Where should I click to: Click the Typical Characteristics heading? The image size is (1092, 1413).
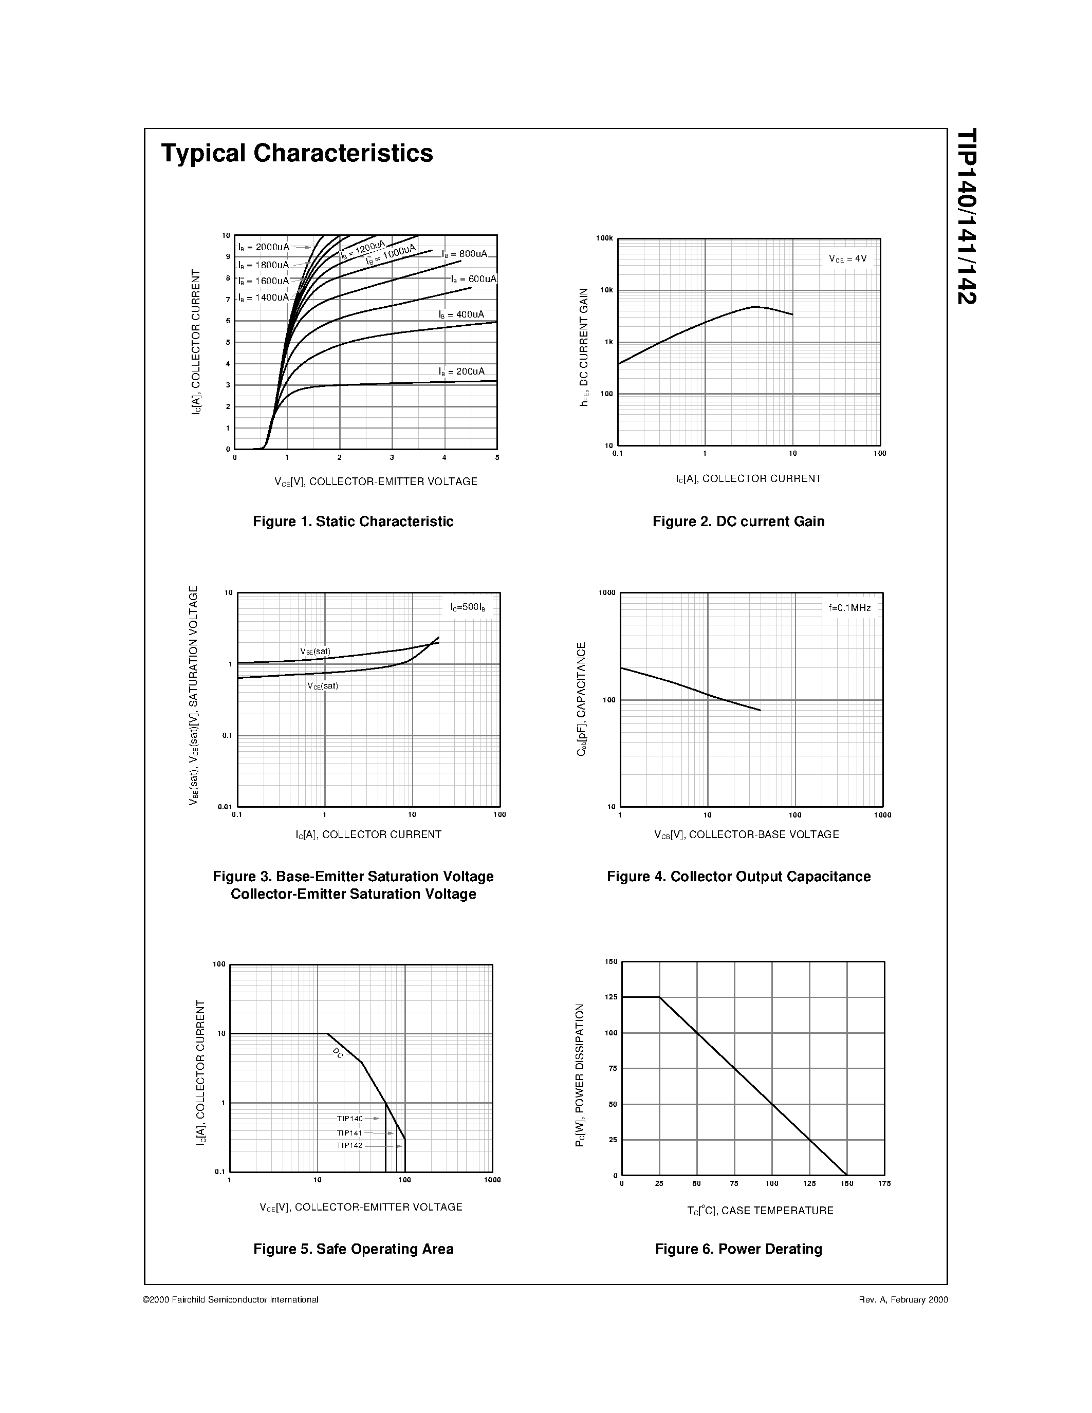[297, 153]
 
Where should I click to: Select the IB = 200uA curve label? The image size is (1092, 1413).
[461, 371]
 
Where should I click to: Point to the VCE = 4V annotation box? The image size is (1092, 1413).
[847, 259]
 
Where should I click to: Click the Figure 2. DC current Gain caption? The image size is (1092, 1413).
[738, 522]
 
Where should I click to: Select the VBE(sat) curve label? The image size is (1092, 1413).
[315, 651]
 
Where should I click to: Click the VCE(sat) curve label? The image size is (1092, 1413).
[323, 686]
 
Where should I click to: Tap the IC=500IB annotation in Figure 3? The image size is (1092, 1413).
[468, 607]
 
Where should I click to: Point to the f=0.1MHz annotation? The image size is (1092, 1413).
[849, 607]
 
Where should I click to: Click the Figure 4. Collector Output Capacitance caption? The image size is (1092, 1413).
[738, 877]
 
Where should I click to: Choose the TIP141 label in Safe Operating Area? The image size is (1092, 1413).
[349, 1133]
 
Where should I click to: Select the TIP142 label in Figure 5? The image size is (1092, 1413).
[349, 1145]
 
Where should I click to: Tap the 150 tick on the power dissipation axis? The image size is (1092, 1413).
[612, 962]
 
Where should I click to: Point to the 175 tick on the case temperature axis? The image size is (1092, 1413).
[884, 1183]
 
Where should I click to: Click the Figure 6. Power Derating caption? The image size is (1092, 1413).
[738, 1249]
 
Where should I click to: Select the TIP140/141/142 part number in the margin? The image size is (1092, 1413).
[967, 217]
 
